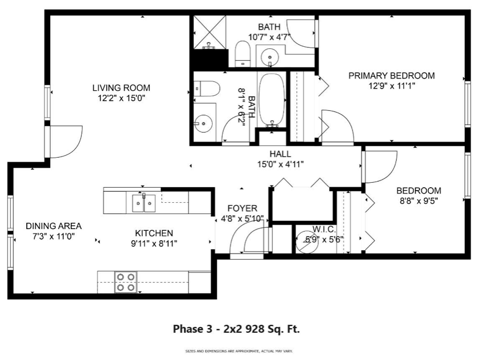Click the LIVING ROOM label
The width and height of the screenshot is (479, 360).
(121, 87)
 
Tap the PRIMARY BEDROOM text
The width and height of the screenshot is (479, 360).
(391, 76)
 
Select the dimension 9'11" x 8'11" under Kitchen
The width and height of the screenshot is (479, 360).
(154, 243)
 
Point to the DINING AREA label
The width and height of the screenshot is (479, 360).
(53, 226)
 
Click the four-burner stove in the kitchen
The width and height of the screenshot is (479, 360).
(125, 282)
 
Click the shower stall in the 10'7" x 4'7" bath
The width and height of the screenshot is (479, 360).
(210, 32)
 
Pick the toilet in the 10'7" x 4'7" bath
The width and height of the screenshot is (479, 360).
(242, 53)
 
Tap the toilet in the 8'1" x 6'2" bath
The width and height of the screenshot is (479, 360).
(204, 89)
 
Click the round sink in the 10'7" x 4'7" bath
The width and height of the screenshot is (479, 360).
(270, 56)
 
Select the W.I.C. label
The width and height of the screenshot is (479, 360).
(323, 229)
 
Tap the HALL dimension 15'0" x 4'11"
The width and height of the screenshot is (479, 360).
(280, 164)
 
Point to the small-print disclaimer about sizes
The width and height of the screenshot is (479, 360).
(239, 351)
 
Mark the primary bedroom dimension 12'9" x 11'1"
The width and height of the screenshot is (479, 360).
(391, 86)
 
